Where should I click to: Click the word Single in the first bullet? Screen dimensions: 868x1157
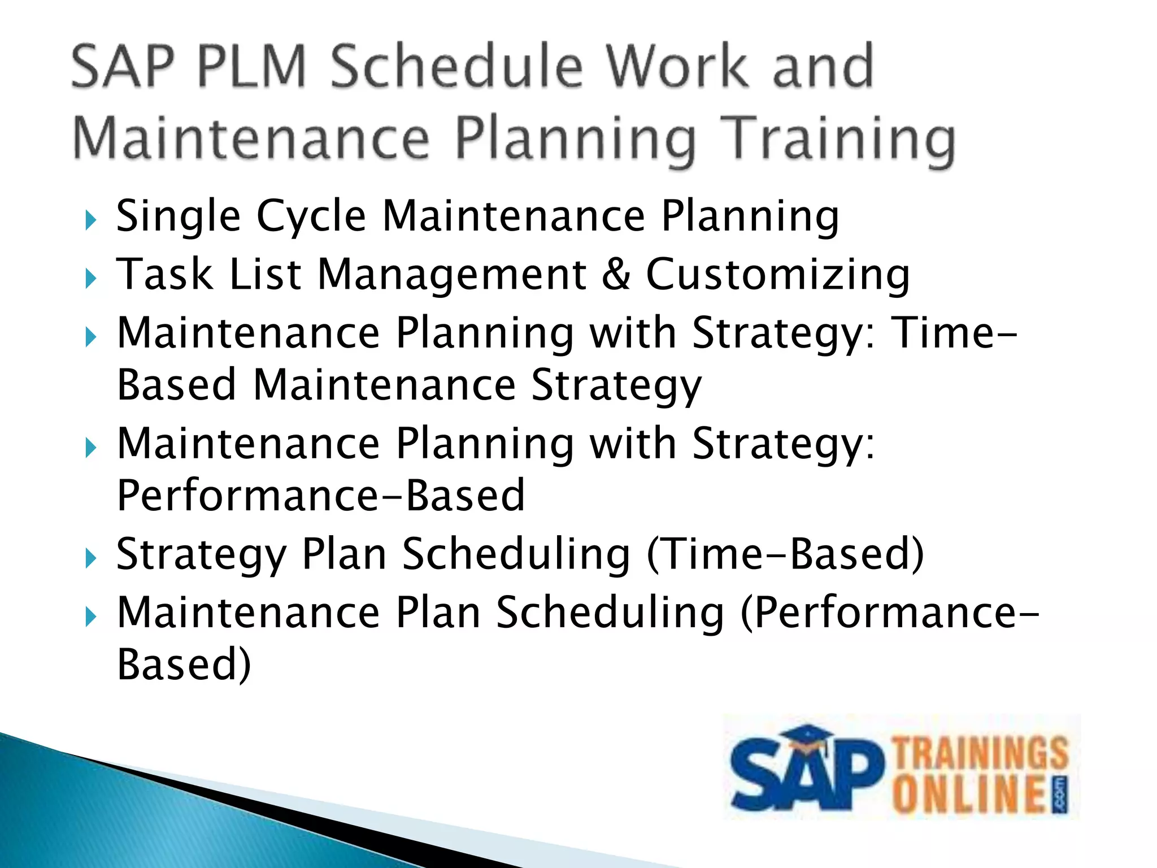coord(178,216)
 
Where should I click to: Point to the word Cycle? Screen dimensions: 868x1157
coord(311,216)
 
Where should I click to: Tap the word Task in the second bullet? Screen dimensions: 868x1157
coord(164,275)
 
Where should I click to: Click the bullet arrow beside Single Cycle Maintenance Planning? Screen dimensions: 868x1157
coord(90,220)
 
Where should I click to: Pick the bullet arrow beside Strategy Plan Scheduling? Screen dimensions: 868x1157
coord(90,558)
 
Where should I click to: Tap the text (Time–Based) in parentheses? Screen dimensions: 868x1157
coord(785,554)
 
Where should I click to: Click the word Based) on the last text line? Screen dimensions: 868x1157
coord(184,664)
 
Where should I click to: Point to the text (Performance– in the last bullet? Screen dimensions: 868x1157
coord(889,613)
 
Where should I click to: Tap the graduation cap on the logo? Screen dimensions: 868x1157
coord(808,737)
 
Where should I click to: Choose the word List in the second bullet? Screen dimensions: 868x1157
coord(265,275)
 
